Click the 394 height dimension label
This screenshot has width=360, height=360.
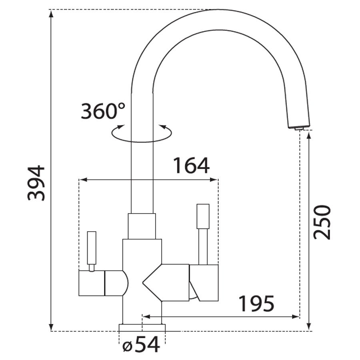coord(36,182)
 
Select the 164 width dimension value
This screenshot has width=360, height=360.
coord(191,166)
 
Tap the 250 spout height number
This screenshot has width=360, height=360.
coord(322,222)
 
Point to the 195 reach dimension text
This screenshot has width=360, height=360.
coord(256,304)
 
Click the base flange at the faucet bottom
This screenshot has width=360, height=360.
coord(142,328)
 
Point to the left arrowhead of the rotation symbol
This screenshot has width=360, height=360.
coord(119,128)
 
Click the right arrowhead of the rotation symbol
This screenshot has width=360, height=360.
coord(163,127)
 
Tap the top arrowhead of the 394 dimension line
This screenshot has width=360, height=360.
coord(51,14)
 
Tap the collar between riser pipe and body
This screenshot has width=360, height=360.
coord(142,226)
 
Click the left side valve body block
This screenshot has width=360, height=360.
coord(92,283)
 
